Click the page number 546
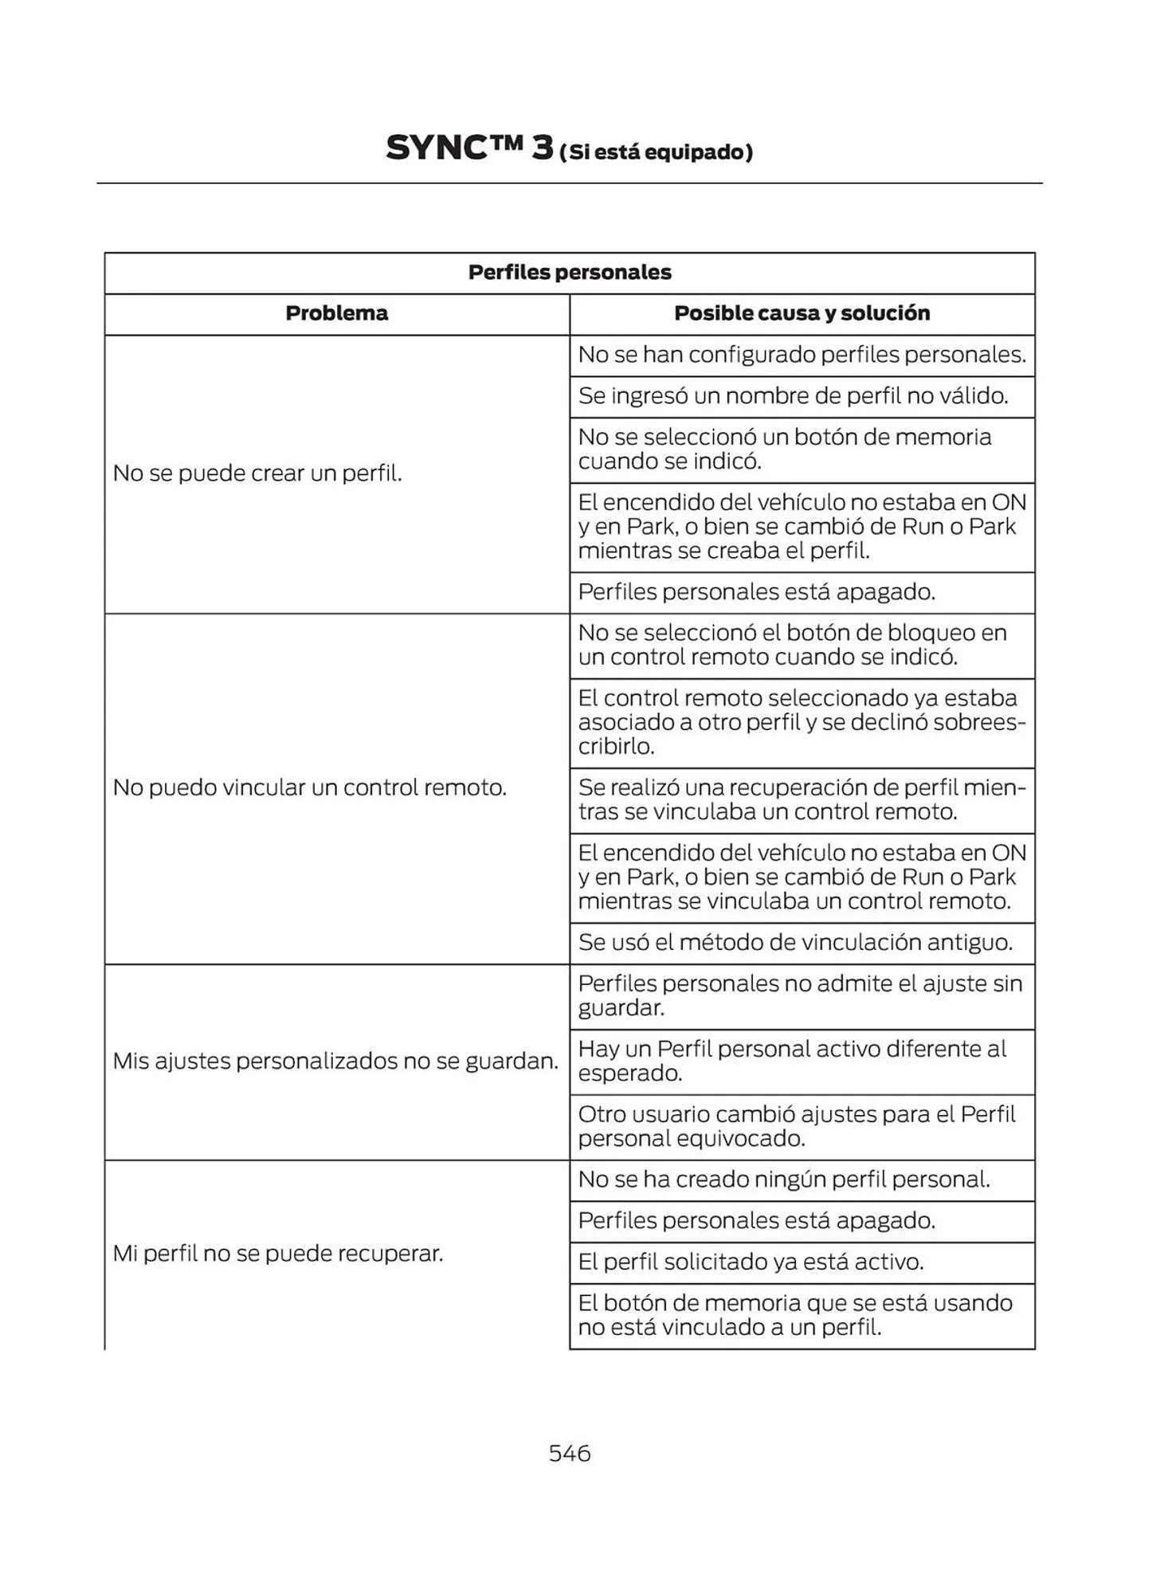pos(569,1453)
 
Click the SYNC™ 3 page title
pos(469,148)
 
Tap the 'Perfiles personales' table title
pos(569,273)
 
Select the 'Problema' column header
pos(336,313)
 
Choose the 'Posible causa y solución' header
pos(802,313)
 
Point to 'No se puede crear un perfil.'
pos(257,473)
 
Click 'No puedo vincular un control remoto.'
pos(310,787)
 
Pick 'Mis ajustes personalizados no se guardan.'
pos(335,1061)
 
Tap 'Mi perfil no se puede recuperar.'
pos(278,1254)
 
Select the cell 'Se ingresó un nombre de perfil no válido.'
pos(793,396)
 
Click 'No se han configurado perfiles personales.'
pos(802,355)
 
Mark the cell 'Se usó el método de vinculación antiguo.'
pos(795,943)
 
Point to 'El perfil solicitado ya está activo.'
pos(751,1262)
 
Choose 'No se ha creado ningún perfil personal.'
pos(784,1180)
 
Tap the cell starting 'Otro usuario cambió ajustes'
pos(797,1126)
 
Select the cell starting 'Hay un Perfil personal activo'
pos(792,1061)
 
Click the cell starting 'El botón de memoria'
pos(795,1315)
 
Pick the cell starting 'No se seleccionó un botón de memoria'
pos(785,449)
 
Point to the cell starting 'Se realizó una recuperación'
pos(802,799)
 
